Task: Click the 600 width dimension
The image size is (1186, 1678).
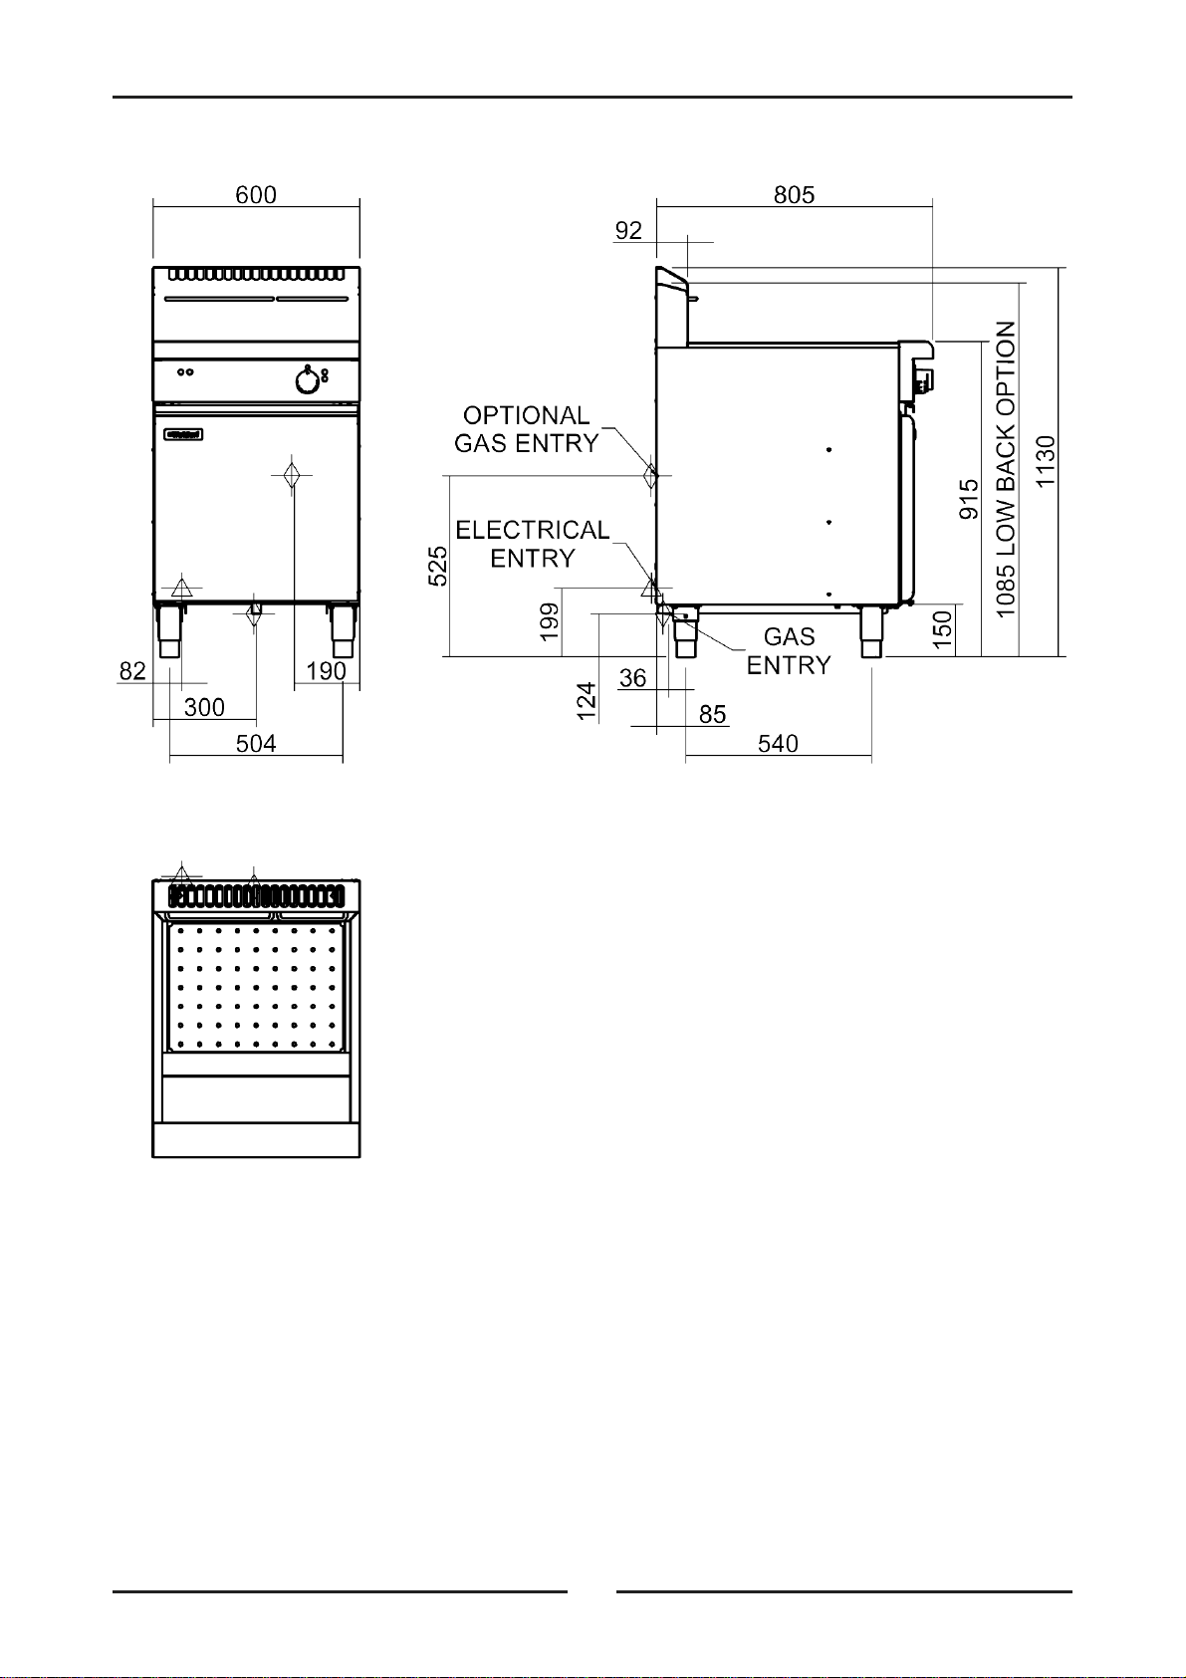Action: click(256, 195)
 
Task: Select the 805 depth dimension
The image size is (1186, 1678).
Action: click(795, 195)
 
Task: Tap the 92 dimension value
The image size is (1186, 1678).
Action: click(628, 231)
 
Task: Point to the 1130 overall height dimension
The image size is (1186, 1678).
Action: click(1046, 461)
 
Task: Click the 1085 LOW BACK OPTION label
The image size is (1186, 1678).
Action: click(1006, 469)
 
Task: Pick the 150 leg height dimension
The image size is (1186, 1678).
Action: click(943, 629)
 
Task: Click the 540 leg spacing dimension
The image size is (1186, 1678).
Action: click(778, 743)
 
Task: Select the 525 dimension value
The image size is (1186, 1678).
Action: click(437, 567)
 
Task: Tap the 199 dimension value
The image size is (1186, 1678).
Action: click(549, 622)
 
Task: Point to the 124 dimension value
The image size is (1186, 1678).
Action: click(587, 701)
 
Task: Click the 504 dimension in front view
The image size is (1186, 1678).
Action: click(256, 743)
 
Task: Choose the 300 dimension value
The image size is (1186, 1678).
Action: click(204, 707)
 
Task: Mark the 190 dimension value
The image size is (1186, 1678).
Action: click(327, 670)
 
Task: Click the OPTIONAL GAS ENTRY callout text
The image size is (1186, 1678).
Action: click(527, 429)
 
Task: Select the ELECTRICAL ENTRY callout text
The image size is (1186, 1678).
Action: click(533, 544)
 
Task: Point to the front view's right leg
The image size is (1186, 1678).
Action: click(343, 630)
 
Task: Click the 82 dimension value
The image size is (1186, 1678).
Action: click(132, 670)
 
